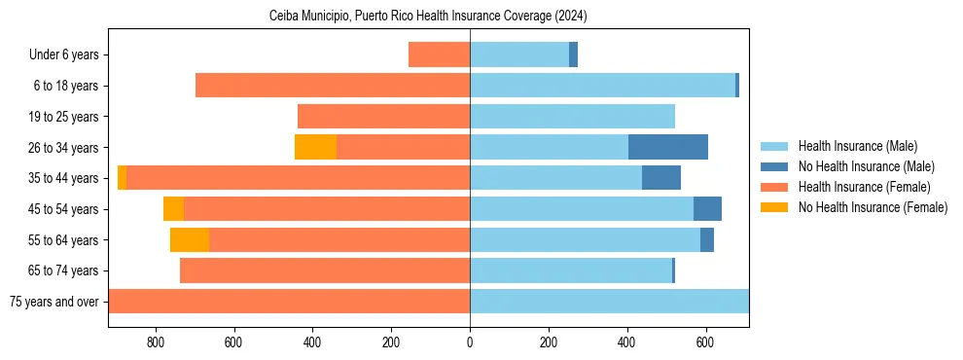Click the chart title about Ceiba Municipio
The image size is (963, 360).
click(428, 17)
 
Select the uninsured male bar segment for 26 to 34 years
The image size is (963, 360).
click(668, 147)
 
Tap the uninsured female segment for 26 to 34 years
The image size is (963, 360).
click(315, 147)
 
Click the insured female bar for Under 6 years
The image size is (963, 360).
click(439, 54)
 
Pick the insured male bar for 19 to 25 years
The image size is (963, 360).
click(572, 117)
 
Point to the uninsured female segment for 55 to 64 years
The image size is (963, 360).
click(190, 239)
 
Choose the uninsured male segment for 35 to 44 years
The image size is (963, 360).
click(661, 178)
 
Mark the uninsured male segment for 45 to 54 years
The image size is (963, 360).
click(707, 209)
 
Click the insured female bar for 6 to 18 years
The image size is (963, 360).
click(333, 86)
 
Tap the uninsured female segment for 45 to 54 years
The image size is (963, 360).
click(173, 209)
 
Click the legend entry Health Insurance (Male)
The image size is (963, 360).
click(857, 146)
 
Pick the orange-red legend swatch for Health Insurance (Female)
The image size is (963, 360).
click(774, 187)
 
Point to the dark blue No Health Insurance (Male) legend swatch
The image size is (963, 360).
click(774, 166)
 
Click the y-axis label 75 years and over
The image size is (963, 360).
click(53, 302)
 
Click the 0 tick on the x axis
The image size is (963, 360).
click(470, 342)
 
